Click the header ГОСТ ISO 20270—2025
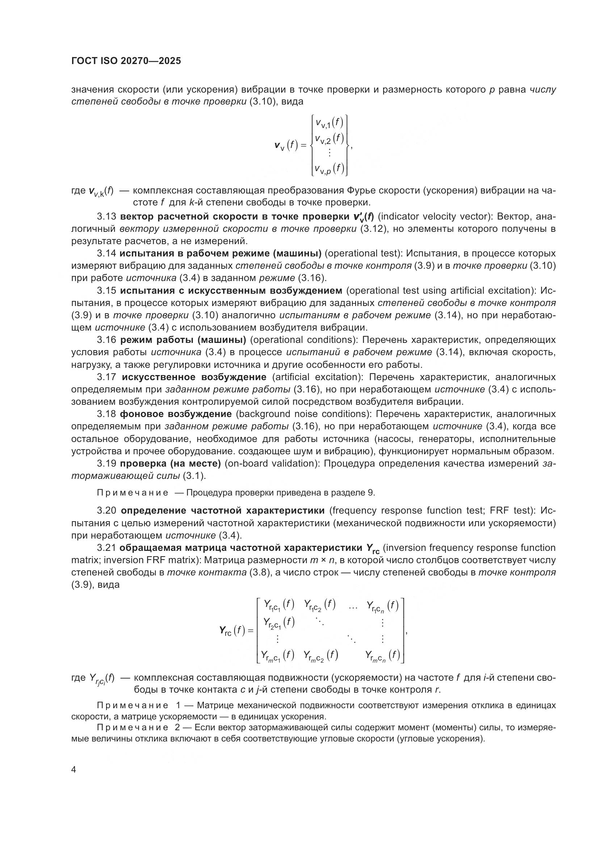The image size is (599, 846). [x=126, y=61]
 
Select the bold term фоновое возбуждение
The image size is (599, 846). [x=176, y=414]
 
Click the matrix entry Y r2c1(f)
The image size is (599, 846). [x=278, y=623]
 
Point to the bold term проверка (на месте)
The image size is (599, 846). [x=171, y=463]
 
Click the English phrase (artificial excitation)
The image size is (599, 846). [x=318, y=377]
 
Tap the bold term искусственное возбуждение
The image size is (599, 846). [x=194, y=377]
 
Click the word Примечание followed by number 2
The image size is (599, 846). [x=133, y=728]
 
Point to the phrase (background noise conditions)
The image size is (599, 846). [x=303, y=414]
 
